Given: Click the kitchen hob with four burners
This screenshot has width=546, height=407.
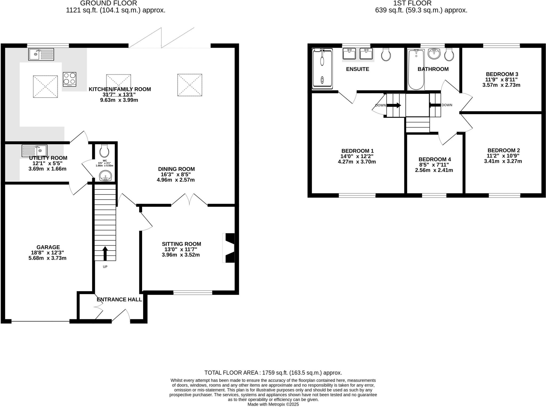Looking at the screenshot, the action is pyautogui.click(x=70, y=79).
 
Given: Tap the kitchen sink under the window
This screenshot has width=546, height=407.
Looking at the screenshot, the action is pyautogui.click(x=41, y=54).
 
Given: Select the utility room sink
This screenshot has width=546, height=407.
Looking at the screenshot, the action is pyautogui.click(x=34, y=151).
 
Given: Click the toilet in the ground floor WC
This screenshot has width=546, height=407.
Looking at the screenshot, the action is pyautogui.click(x=104, y=151).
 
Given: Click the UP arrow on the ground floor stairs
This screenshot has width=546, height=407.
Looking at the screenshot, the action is pyautogui.click(x=105, y=253).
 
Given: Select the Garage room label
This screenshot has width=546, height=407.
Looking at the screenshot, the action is pyautogui.click(x=48, y=247).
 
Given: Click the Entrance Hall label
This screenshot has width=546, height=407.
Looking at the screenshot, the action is pyautogui.click(x=119, y=300).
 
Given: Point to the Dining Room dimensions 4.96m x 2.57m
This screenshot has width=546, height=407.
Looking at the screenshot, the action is pyautogui.click(x=176, y=180).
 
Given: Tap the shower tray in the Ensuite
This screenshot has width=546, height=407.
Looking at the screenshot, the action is pyautogui.click(x=322, y=68).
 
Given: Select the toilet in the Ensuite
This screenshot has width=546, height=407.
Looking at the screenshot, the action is pyautogui.click(x=386, y=55).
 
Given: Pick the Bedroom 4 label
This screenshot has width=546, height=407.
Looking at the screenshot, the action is pyautogui.click(x=435, y=159).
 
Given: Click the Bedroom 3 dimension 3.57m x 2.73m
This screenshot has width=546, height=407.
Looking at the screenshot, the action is pyautogui.click(x=501, y=85).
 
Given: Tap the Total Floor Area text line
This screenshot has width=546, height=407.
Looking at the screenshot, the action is pyautogui.click(x=273, y=373).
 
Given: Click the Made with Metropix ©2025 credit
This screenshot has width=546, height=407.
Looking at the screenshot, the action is pyautogui.click(x=273, y=404).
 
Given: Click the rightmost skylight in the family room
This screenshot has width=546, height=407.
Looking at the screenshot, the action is pyautogui.click(x=190, y=85).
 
